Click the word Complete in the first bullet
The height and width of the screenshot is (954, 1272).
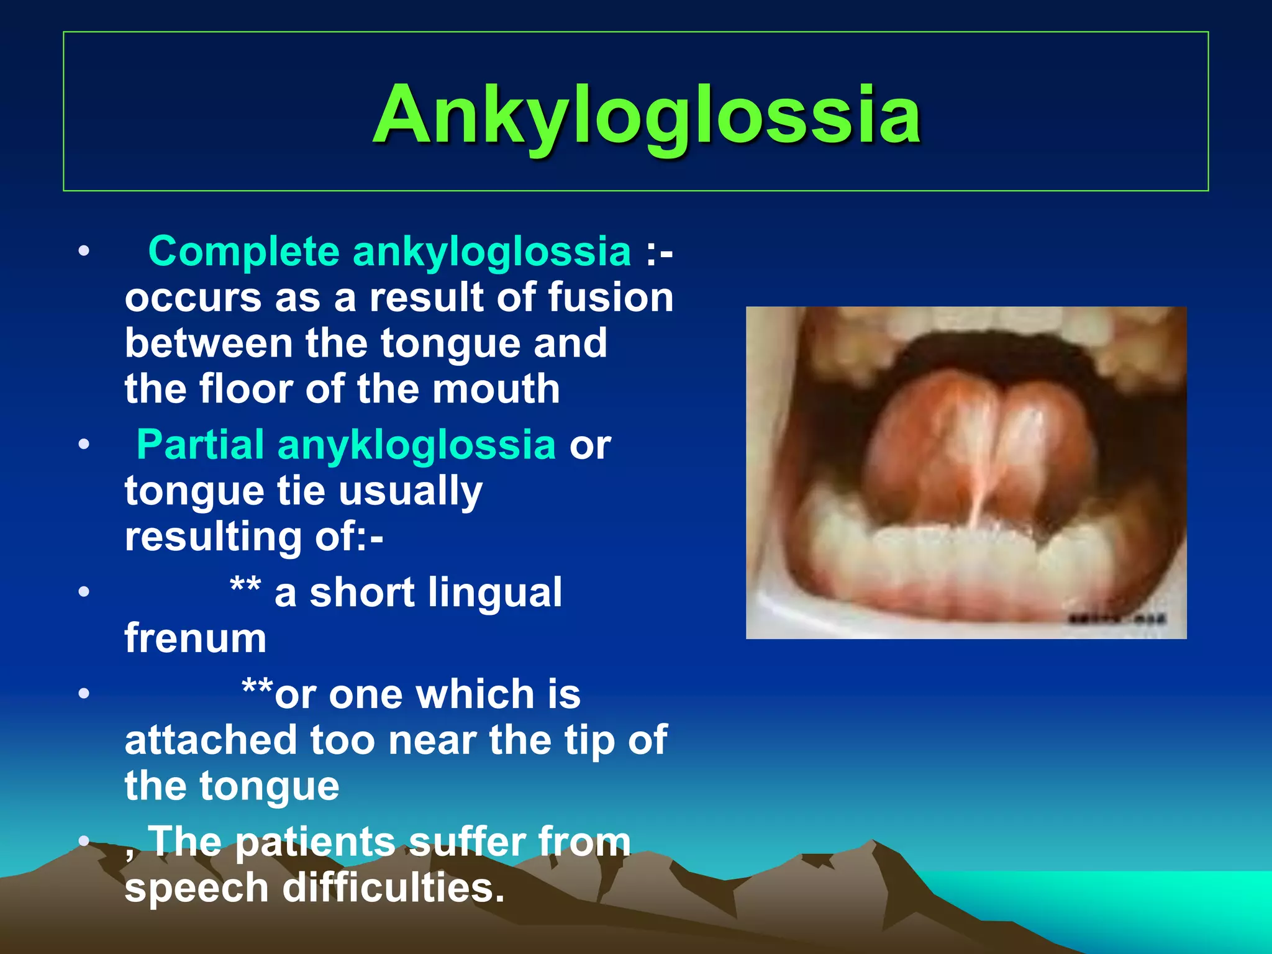243,252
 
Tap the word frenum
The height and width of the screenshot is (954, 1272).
196,638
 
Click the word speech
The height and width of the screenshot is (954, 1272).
196,888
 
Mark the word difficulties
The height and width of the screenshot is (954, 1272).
393,888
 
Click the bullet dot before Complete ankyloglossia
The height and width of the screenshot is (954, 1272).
84,252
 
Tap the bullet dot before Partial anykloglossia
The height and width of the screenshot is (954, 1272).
84,445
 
